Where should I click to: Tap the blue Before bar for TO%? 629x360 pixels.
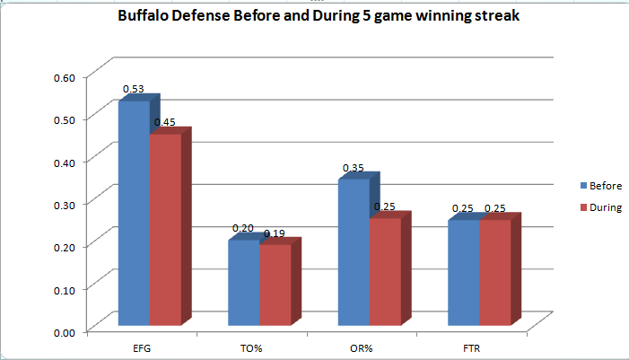pos(243,282)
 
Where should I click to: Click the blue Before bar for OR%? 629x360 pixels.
pos(353,252)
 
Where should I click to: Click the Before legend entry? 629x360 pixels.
pos(601,186)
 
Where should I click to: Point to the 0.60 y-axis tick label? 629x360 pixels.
pos(63,76)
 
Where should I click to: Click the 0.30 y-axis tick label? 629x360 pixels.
pos(63,205)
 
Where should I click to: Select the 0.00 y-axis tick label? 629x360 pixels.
pos(63,333)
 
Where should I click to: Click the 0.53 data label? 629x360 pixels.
pos(134,90)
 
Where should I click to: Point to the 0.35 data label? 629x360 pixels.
pos(354,168)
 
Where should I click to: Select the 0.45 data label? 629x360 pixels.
pos(164,122)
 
